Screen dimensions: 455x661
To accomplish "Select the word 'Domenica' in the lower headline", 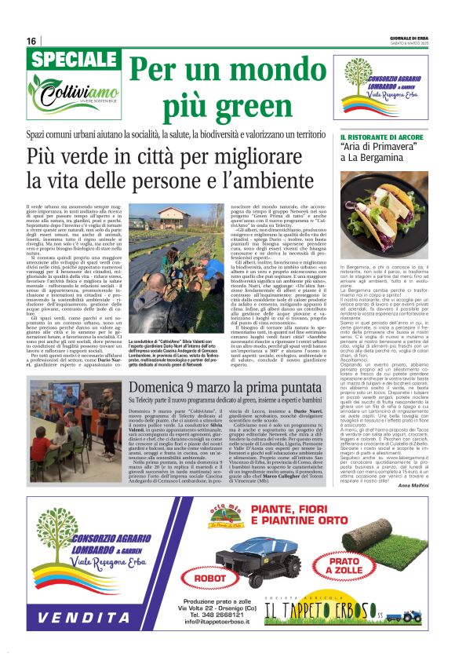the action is pyautogui.click(x=161, y=389).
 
